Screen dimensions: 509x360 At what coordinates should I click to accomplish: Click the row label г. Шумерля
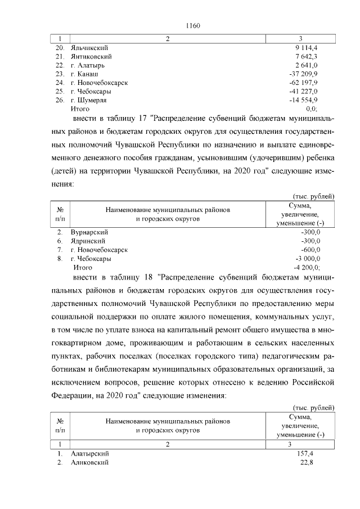[x=89, y=100]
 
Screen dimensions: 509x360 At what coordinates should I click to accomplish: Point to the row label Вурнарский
[x=89, y=232]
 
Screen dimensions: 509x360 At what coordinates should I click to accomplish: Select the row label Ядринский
[x=88, y=241]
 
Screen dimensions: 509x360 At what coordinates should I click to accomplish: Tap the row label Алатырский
[x=90, y=453]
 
